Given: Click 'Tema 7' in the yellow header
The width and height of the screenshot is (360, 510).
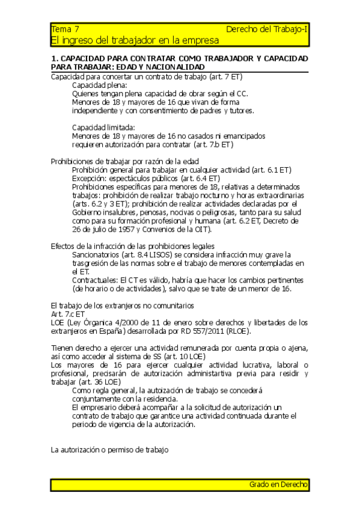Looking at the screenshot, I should coord(65,29).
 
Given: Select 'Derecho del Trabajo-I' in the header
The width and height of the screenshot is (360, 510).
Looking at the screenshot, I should coord(267,29).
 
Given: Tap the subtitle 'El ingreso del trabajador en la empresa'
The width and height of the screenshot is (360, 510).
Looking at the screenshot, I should coord(135,40).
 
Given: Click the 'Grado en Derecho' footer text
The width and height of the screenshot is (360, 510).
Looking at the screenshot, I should coord(278,484).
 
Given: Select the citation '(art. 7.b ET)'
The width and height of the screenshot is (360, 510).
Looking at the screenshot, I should coord(213,144).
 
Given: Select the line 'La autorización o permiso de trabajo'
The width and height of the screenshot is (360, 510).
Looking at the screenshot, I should coord(110,449).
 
